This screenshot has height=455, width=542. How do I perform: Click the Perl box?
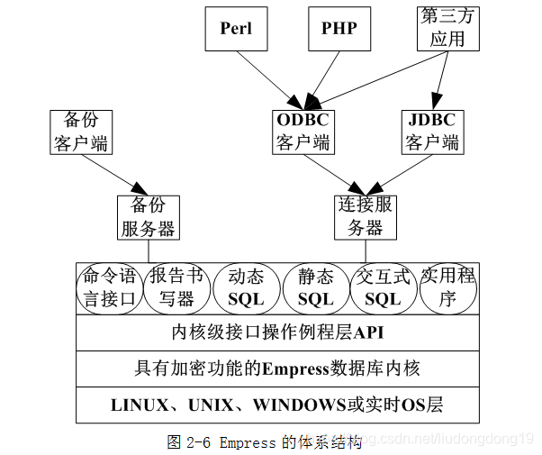pos(236,28)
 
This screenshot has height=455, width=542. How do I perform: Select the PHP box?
pos(339,28)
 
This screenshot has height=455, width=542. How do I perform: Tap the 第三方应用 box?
pos(447,28)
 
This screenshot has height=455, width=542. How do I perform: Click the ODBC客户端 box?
pos(303,132)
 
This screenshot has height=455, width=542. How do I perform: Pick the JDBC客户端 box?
pos(432,132)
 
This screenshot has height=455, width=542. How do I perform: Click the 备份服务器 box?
pos(148,217)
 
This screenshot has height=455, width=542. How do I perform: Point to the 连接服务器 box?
pos(366,217)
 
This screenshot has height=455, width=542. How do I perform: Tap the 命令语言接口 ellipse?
pos(109,287)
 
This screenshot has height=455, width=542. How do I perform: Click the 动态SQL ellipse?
pos(246,287)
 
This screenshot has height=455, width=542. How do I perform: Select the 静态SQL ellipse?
pos(315,287)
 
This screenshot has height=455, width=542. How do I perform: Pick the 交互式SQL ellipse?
pos(383,287)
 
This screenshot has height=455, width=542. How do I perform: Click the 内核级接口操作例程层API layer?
pos(277,332)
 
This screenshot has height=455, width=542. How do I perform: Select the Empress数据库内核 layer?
pos(277,369)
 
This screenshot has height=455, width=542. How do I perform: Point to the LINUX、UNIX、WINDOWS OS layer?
pos(277,405)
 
